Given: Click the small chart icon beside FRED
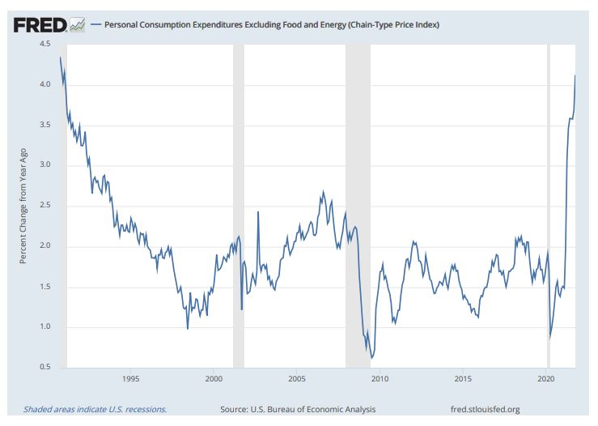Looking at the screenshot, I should click(x=78, y=25).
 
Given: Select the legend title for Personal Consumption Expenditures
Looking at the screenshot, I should click(x=271, y=25).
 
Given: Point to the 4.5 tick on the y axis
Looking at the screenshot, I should click(x=45, y=44).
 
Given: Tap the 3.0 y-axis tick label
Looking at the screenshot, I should click(x=45, y=165).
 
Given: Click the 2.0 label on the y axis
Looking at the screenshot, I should click(x=45, y=246).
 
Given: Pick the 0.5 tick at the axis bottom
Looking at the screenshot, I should click(x=45, y=368).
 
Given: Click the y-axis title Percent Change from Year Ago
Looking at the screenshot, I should click(x=23, y=206).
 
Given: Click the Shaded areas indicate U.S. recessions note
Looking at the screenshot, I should click(x=95, y=409).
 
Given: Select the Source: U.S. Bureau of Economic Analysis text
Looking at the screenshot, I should click(x=298, y=409).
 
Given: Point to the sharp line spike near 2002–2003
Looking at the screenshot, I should click(x=258, y=211).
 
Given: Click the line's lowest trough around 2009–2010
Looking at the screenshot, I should click(x=371, y=357).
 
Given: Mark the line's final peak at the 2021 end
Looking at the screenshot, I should click(x=575, y=75).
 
